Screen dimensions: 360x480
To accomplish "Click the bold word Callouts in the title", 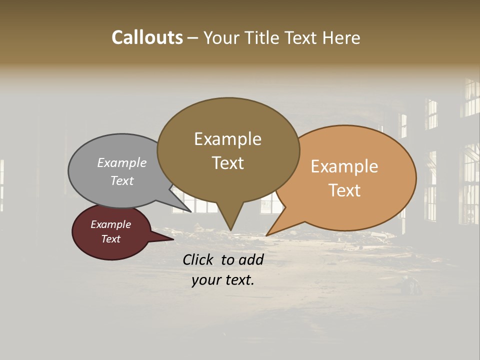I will coord(147,37).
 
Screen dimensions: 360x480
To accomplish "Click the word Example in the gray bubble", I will coord(122,162).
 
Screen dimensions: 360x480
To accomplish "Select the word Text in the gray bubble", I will coord(122,180).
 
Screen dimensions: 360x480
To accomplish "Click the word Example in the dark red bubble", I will coord(110,224).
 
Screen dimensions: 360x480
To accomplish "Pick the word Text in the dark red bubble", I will coord(110,239).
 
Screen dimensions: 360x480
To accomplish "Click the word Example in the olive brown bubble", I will coord(227,139).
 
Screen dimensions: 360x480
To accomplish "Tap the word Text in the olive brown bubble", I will coord(227,163).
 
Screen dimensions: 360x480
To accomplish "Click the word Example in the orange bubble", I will coord(344,166).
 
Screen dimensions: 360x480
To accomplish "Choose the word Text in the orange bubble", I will coord(344,190).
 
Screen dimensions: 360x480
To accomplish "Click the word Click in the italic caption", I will coord(198,259).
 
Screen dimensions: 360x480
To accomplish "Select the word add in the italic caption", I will coord(251,259).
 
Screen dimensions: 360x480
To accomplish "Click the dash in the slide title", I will coord(193,38).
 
